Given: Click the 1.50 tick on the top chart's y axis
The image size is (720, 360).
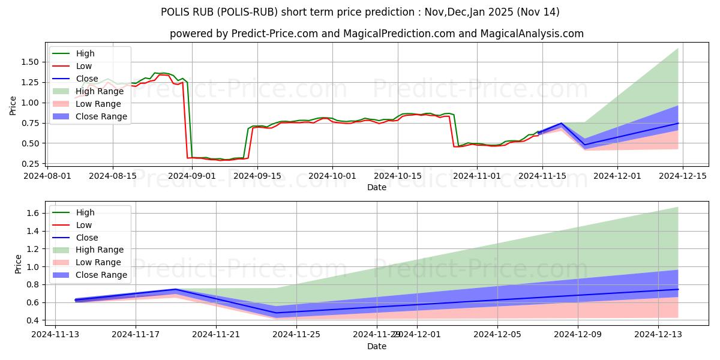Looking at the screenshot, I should coord(31,62).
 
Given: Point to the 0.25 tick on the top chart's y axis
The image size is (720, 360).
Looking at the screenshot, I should coord(31,164).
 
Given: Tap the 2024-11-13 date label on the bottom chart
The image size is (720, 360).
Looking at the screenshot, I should coord(55,335).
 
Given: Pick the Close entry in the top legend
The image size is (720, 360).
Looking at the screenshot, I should coord(87,79).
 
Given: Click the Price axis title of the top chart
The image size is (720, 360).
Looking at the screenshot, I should coord(13,106).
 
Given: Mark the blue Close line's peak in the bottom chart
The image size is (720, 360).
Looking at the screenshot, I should coord(175,289).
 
